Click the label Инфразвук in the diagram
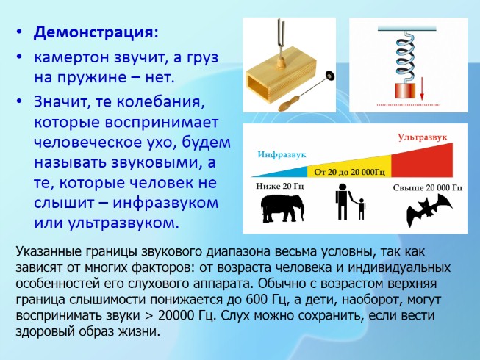[282, 154]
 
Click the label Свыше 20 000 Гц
[428, 187]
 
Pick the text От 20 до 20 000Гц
[350, 172]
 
